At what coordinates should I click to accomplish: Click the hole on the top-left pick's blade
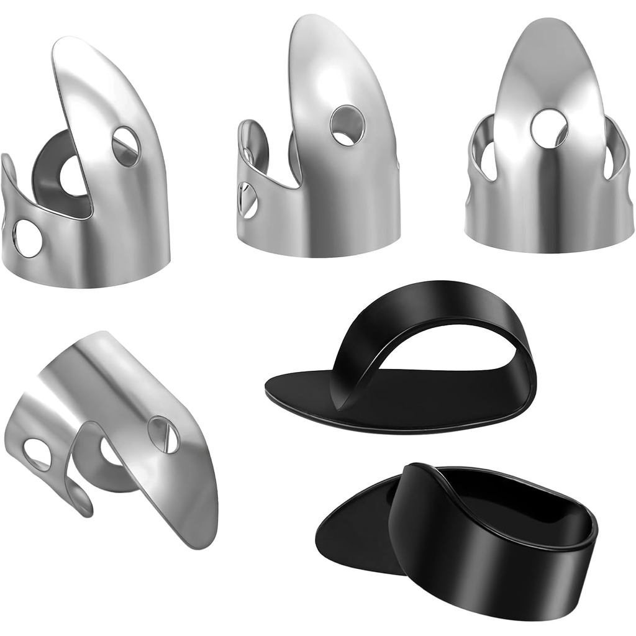[x=125, y=146]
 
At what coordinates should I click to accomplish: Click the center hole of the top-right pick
[x=549, y=129]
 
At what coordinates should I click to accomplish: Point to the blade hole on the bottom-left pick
[x=163, y=435]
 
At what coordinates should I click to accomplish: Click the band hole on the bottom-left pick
[x=37, y=454]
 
